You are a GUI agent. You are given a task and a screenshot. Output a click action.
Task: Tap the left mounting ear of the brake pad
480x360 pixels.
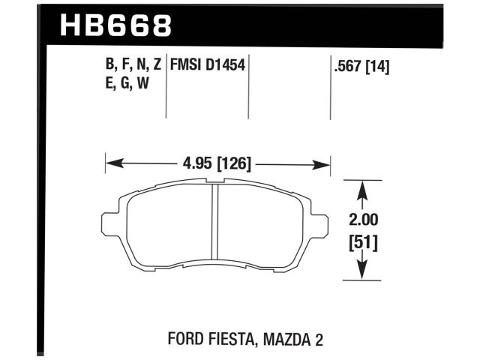coord(109,224)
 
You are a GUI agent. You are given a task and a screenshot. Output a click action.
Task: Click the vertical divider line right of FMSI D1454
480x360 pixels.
coord(247,86)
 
